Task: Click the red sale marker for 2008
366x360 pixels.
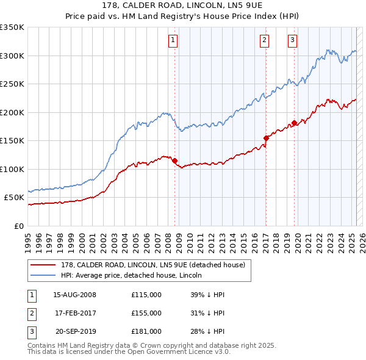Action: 174,160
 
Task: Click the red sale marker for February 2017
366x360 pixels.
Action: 266,138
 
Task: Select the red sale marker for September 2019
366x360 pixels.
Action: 294,123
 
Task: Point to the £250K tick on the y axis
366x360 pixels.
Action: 12,84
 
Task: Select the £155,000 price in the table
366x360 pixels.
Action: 146,313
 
